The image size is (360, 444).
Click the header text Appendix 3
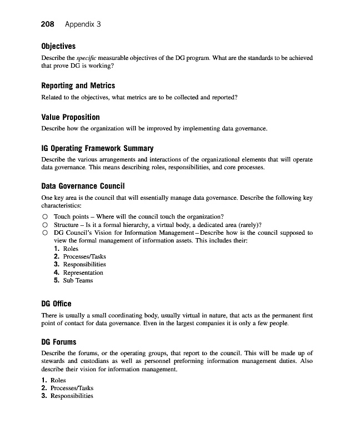83,24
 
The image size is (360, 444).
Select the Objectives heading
58,46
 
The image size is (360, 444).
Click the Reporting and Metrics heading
78,85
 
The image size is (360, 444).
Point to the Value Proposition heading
71,117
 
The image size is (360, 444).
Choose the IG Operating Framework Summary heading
97,149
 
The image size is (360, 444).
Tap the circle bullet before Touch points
44,216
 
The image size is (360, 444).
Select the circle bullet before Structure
44,225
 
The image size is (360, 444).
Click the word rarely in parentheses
243,225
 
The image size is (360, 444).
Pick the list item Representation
83,273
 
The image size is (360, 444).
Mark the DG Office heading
57,304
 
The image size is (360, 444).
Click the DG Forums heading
59,342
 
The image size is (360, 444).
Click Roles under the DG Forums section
58,380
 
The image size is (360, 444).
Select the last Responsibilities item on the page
72,396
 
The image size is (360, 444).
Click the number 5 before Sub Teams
57,280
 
